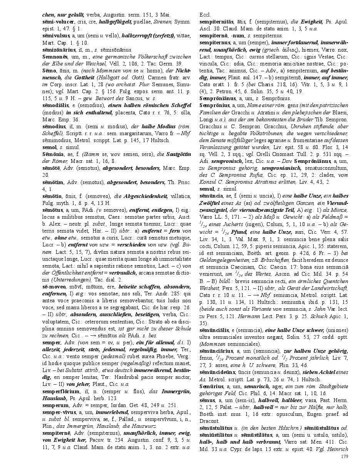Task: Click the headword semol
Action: click(49, 147)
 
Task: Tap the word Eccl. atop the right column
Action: click(204, 15)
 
